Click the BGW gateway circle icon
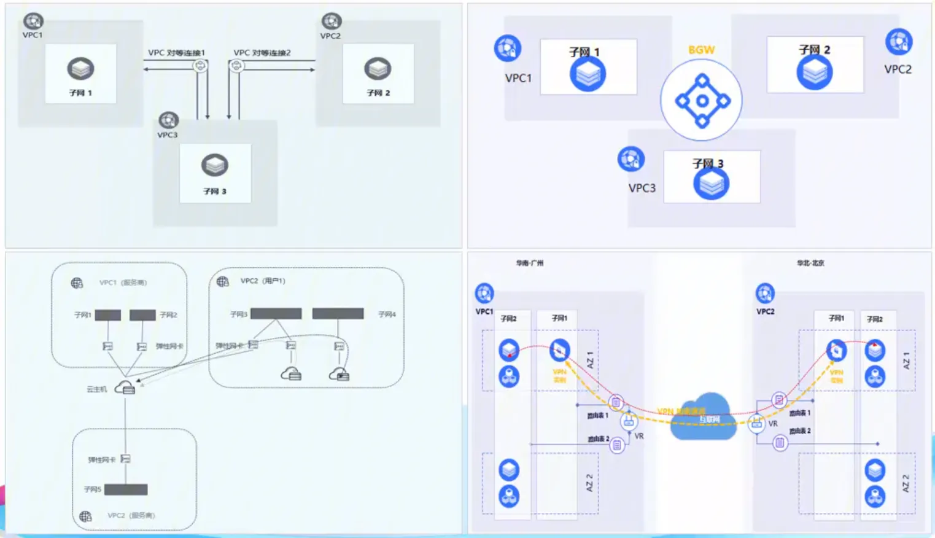click(701, 100)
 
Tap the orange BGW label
click(701, 50)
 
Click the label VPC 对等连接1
click(176, 53)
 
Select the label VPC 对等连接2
click(262, 53)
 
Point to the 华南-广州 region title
click(529, 263)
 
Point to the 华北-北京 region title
click(810, 263)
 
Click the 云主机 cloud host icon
click(125, 388)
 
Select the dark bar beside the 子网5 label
click(126, 489)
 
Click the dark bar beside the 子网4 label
click(338, 314)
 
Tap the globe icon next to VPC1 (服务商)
click(77, 283)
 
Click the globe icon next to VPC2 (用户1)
click(223, 281)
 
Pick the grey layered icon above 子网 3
click(215, 165)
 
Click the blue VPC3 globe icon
click(631, 159)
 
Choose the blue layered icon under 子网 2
click(815, 72)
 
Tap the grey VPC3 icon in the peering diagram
click(168, 120)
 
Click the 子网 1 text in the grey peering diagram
click(80, 93)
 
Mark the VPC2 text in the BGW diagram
click(898, 69)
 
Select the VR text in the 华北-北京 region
click(773, 424)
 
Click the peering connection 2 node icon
click(236, 65)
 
